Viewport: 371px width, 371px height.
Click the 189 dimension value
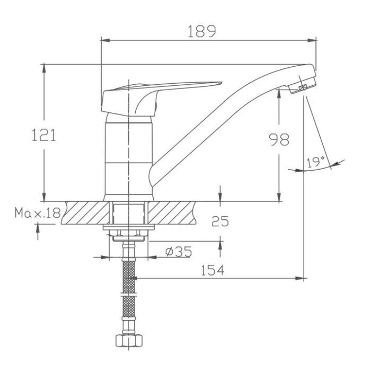(x=202, y=31)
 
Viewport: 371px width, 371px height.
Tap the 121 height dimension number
(x=44, y=135)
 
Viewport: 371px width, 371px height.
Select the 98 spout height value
(x=279, y=139)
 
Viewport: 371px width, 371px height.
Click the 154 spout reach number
(x=212, y=270)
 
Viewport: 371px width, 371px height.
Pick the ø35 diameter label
(x=179, y=252)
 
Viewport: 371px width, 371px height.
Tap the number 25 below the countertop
(x=220, y=221)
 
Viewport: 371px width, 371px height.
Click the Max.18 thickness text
(x=38, y=213)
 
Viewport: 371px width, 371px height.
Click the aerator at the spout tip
(x=303, y=85)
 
